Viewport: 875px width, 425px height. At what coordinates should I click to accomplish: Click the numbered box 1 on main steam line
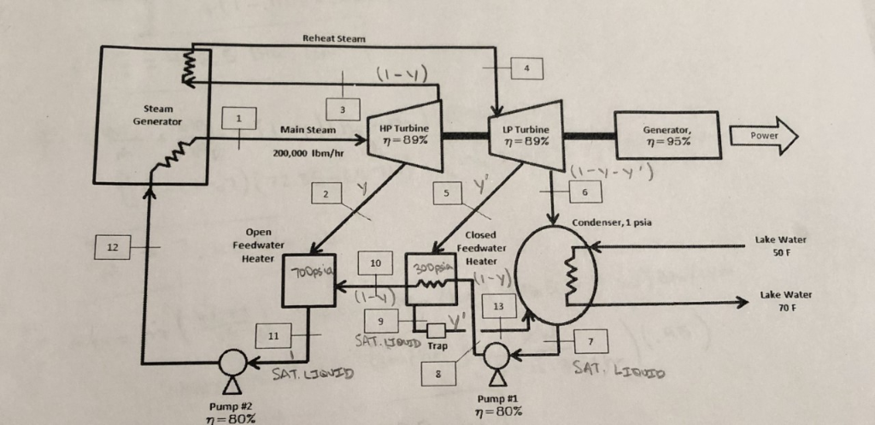239,118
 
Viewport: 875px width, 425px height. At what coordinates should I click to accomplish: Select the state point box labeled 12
112,247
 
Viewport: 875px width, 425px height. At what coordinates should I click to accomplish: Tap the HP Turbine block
404,135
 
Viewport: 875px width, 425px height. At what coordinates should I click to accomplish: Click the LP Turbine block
526,135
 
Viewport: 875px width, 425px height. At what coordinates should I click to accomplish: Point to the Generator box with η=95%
667,135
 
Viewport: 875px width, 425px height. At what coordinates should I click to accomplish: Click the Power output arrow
764,136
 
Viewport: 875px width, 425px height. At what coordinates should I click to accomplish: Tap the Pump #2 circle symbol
232,363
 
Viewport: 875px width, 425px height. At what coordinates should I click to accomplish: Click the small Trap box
437,331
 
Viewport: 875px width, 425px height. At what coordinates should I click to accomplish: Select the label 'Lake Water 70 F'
786,300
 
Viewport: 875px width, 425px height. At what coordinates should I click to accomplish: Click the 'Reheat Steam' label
334,38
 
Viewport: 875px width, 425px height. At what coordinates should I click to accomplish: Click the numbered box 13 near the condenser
499,306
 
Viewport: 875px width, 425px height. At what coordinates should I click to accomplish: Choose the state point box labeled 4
526,68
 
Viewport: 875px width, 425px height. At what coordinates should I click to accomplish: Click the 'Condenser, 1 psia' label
612,222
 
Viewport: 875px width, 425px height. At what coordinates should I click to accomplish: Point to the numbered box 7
590,340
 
